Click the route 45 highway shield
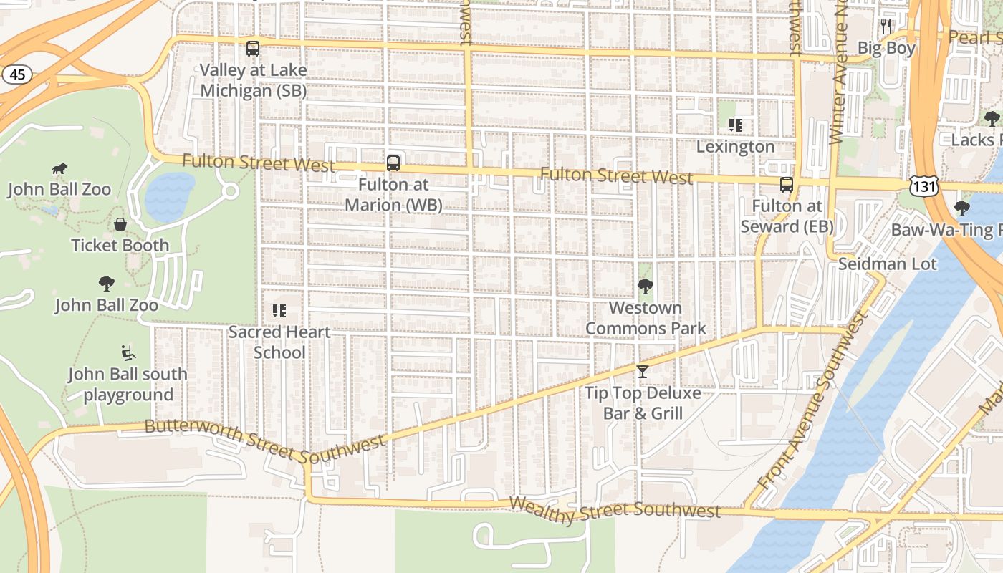click(x=18, y=74)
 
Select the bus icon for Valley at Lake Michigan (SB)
click(x=253, y=49)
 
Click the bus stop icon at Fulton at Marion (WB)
click(x=393, y=163)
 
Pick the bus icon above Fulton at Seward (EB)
click(x=787, y=185)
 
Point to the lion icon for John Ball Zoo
click(x=59, y=169)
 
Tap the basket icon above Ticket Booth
click(x=120, y=224)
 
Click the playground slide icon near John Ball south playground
click(x=128, y=352)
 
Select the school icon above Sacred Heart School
click(x=279, y=311)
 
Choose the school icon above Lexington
click(x=736, y=125)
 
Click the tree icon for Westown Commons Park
click(x=646, y=286)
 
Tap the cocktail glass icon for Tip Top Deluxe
click(x=643, y=372)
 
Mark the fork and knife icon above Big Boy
click(x=887, y=27)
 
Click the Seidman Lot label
click(x=888, y=264)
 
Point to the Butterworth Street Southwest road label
click(x=265, y=439)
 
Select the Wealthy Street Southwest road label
click(x=614, y=507)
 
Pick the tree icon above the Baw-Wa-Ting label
click(x=962, y=208)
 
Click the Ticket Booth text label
click(x=120, y=245)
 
